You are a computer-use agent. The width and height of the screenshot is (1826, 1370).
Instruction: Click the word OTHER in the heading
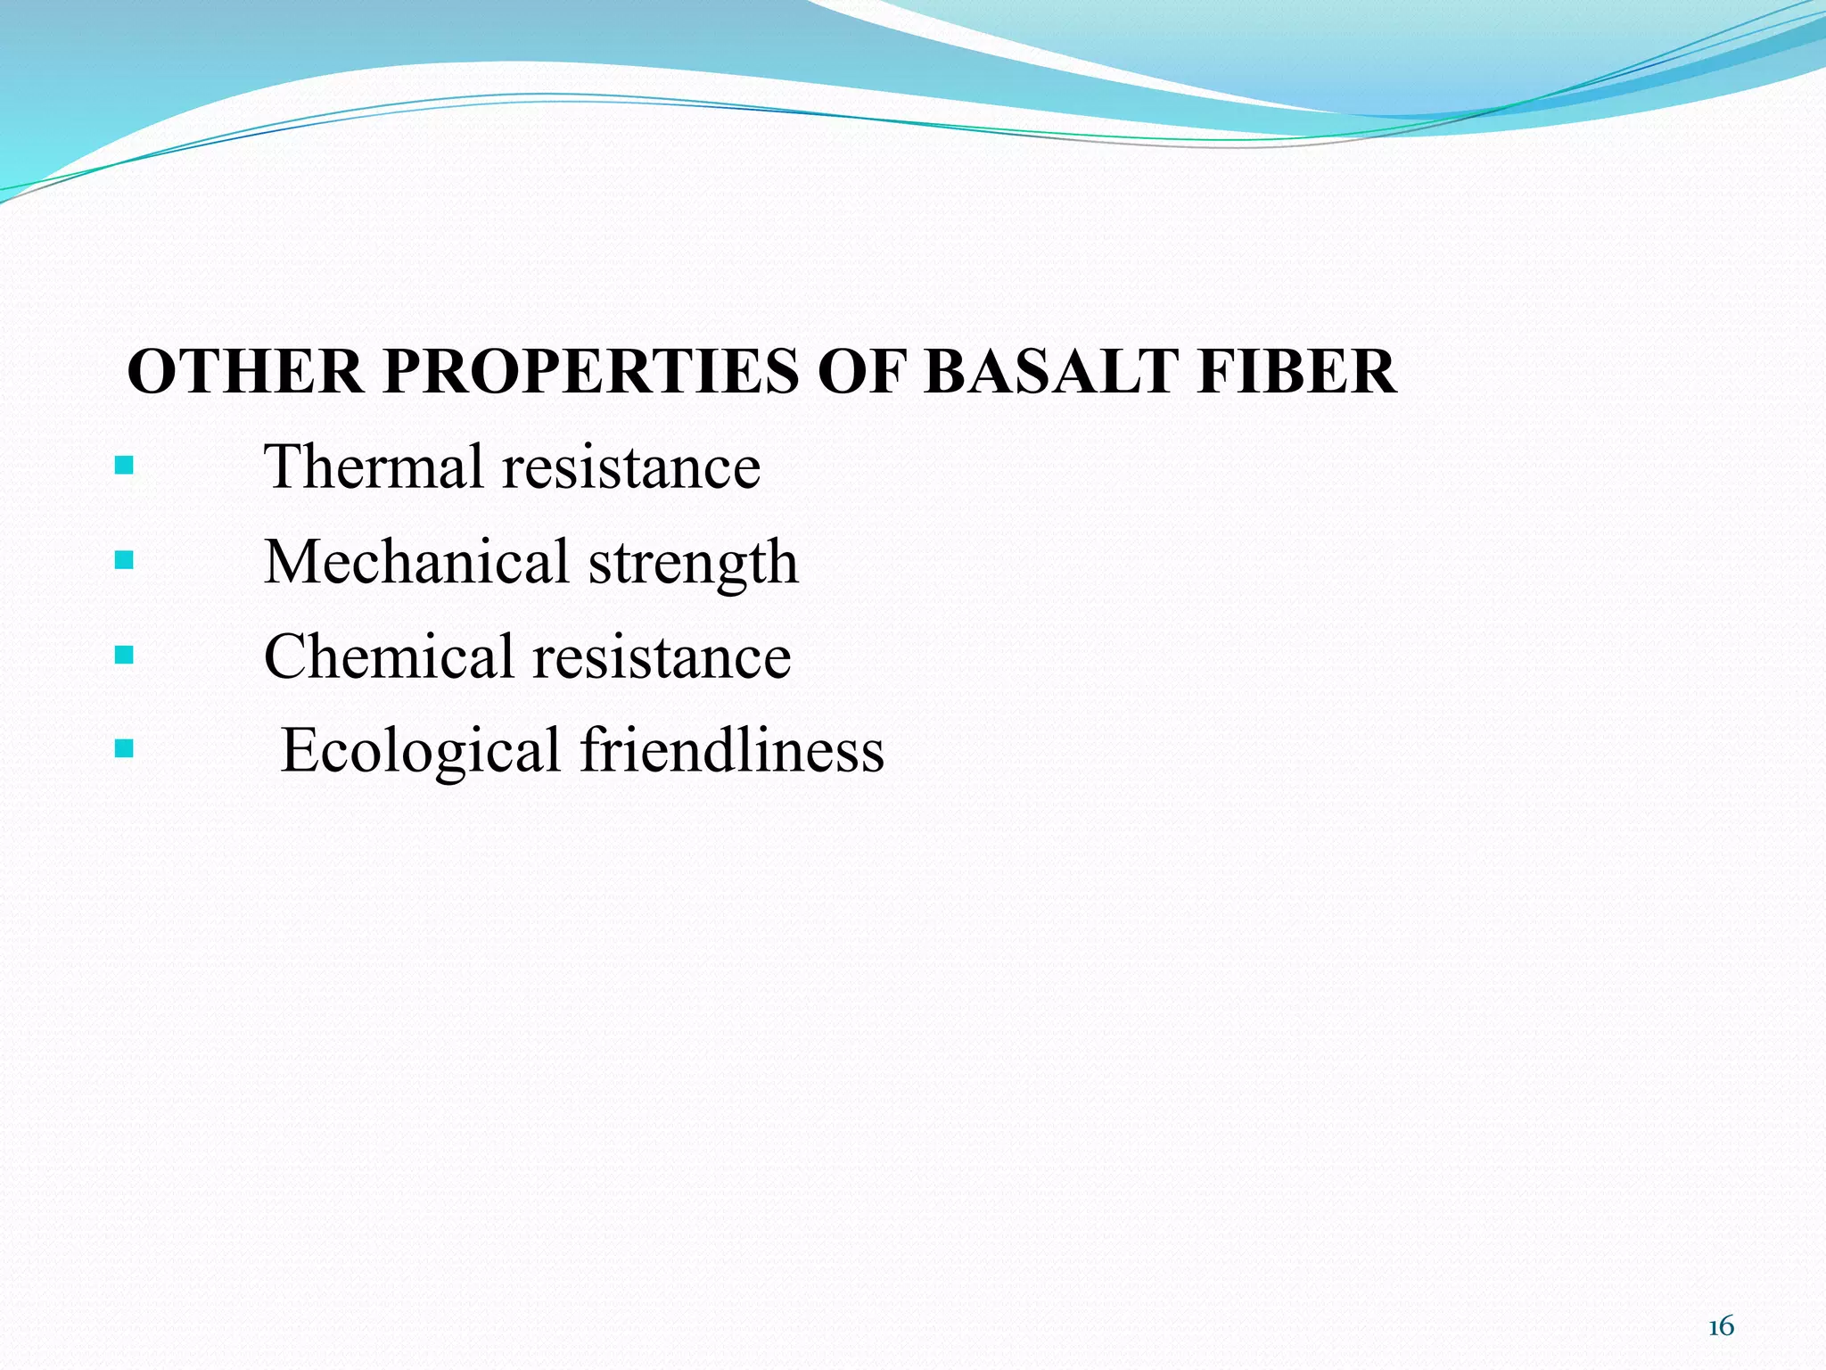pyautogui.click(x=245, y=372)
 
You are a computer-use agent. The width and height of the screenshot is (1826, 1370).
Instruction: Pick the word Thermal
pyautogui.click(x=374, y=466)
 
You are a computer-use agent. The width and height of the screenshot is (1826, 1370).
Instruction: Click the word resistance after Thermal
pyautogui.click(x=631, y=468)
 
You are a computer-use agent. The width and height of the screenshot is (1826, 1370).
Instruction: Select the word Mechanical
pyautogui.click(x=416, y=562)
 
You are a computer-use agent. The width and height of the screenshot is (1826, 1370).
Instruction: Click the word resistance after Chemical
pyautogui.click(x=662, y=658)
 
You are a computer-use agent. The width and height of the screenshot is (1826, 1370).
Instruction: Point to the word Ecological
pyautogui.click(x=420, y=751)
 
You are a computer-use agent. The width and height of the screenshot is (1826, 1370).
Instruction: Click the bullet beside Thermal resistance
pyautogui.click(x=125, y=465)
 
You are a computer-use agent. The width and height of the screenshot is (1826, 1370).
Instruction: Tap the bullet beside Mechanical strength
pyautogui.click(x=125, y=560)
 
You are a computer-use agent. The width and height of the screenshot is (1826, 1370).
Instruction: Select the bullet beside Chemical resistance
pyautogui.click(x=125, y=656)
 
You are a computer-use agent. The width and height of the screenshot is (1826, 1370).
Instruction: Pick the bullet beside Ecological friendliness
pyautogui.click(x=125, y=747)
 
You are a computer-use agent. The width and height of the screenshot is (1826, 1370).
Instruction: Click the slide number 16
pyautogui.click(x=1721, y=1326)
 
